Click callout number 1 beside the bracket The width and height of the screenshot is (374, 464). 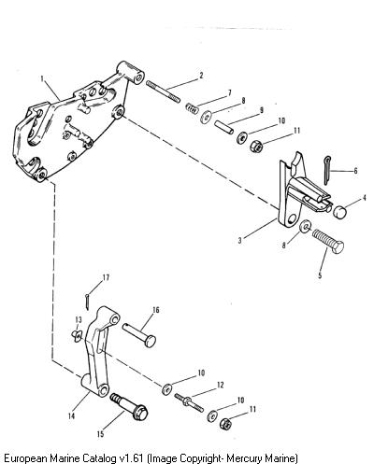(42, 78)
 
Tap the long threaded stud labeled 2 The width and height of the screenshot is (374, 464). (163, 91)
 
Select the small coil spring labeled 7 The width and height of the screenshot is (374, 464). (192, 108)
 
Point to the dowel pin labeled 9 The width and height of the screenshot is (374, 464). (223, 127)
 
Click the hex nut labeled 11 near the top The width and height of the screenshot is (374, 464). (256, 146)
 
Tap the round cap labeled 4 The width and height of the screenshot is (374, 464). (339, 212)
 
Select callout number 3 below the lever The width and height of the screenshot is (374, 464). (240, 241)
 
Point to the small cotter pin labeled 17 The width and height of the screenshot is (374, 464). (88, 302)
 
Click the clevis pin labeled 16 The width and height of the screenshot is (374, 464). (139, 335)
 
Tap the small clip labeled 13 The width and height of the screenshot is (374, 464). (76, 336)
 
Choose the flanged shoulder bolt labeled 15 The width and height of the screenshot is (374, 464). (129, 408)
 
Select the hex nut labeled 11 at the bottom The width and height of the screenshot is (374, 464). (225, 424)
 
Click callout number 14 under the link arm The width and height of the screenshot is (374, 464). (72, 416)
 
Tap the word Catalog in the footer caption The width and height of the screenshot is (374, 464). (100, 458)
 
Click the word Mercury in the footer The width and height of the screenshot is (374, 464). (244, 458)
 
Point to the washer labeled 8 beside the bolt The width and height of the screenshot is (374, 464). (305, 226)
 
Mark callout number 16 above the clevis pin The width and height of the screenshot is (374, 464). (156, 310)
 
